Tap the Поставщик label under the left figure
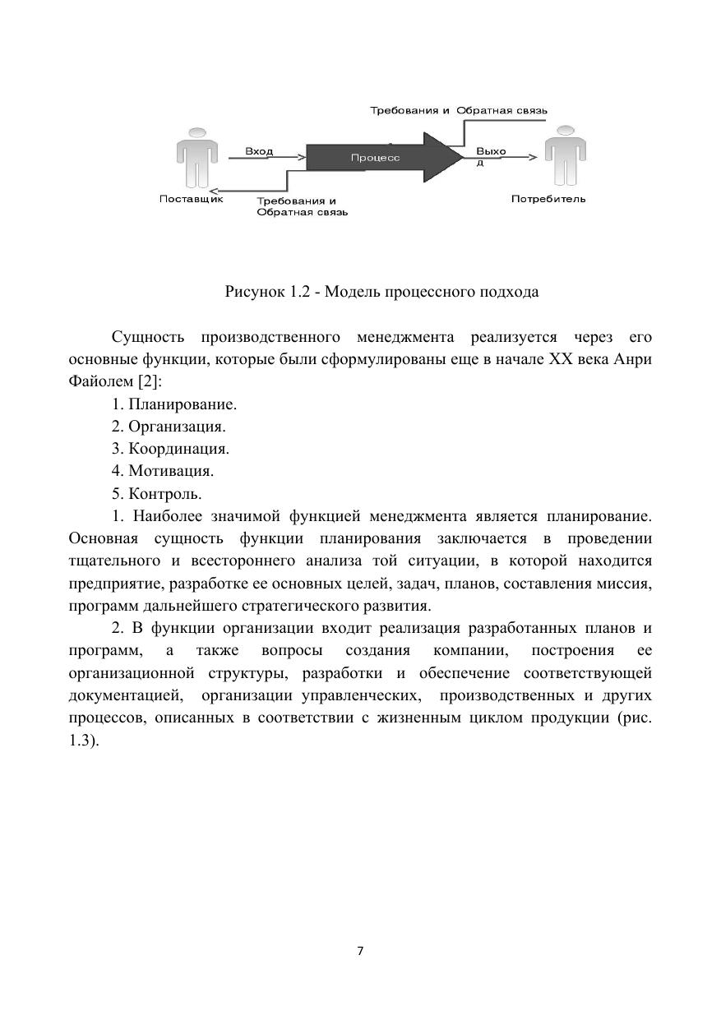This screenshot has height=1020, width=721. pos(191,198)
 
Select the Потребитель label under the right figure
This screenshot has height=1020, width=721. pos(548,199)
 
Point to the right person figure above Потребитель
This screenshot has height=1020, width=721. pos(563,156)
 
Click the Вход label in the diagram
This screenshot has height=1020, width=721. pos(259,151)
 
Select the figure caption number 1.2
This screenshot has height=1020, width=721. pos(298,292)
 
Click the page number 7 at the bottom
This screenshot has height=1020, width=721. pos(360,951)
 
